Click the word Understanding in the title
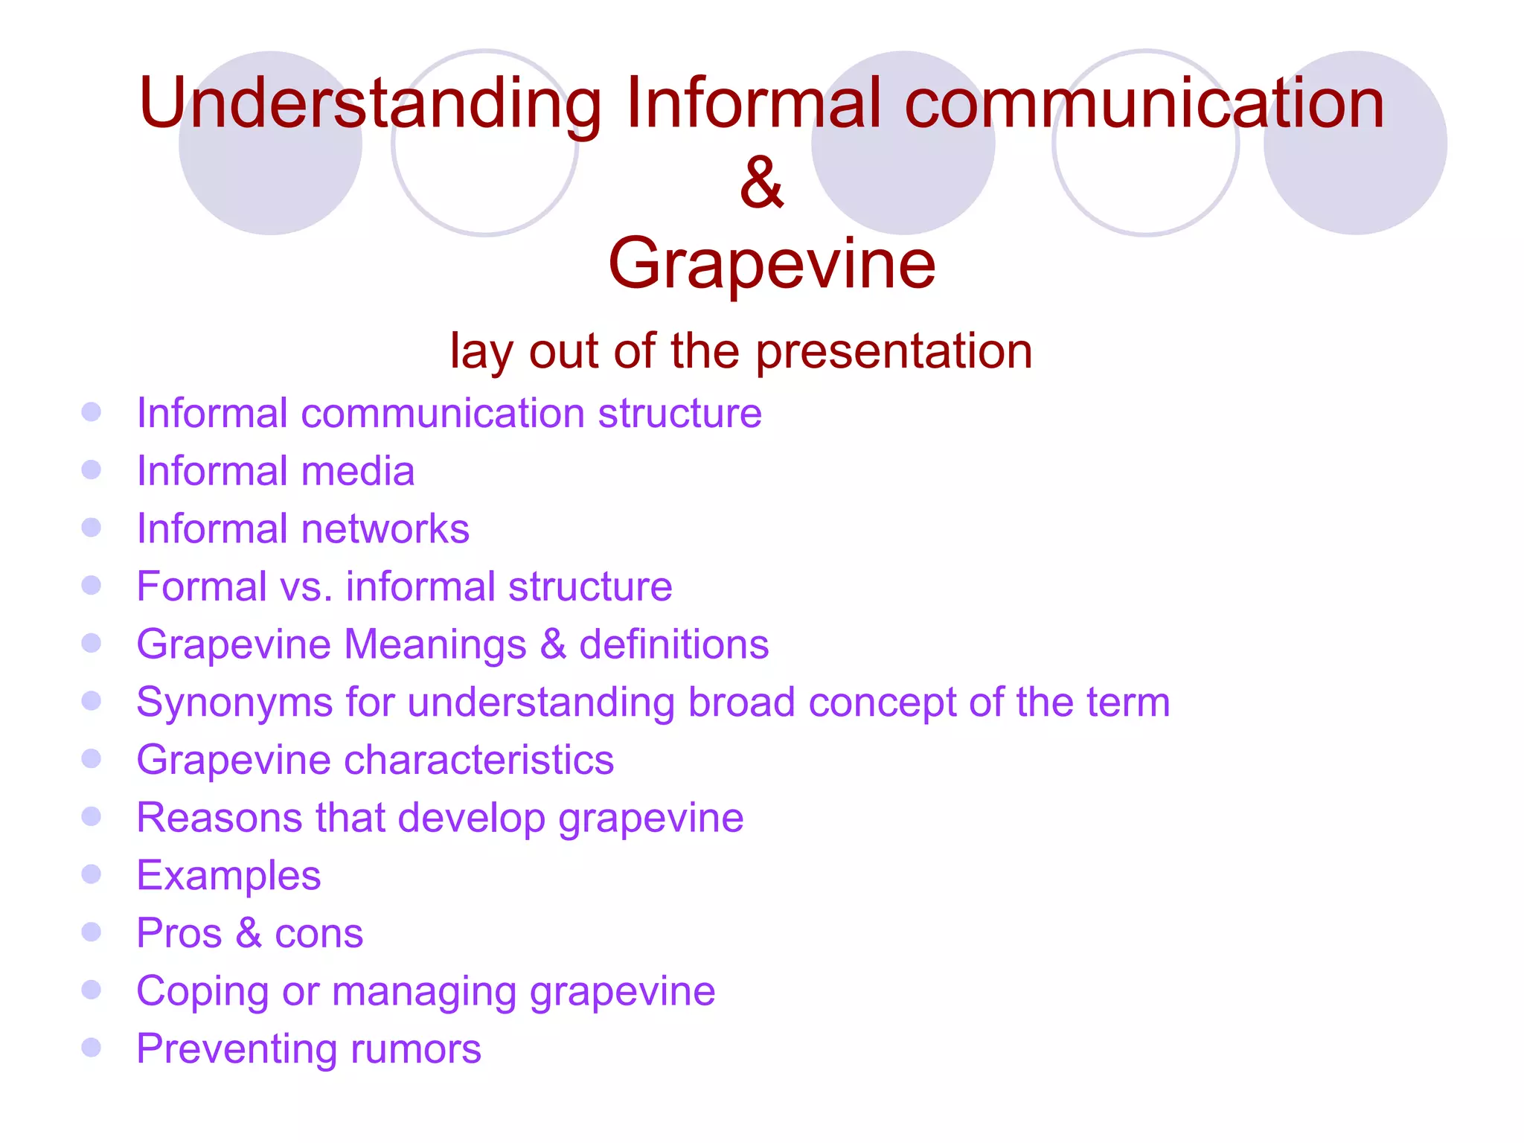[x=370, y=104]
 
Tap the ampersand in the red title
[x=761, y=183]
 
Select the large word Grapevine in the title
[x=772, y=263]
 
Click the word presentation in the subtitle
[x=894, y=351]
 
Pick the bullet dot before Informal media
[x=91, y=470]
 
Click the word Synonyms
[x=234, y=703]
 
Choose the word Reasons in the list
[x=220, y=818]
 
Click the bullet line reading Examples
[x=228, y=876]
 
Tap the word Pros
[x=179, y=933]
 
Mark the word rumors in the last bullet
[x=415, y=1049]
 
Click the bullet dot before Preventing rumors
[x=91, y=1048]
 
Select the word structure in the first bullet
[x=679, y=414]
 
